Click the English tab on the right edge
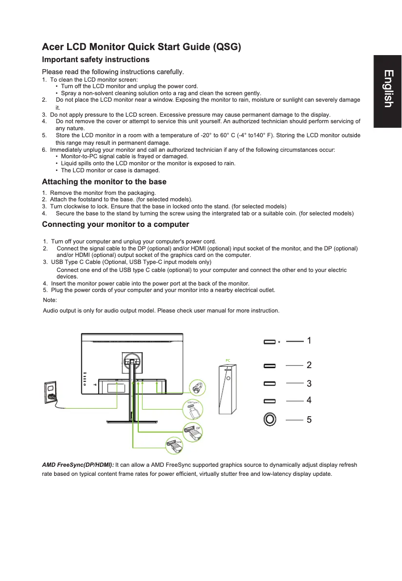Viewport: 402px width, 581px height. pos(387,89)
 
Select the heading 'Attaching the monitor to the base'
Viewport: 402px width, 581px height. pos(104,181)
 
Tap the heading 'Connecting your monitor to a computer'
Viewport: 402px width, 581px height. pos(115,224)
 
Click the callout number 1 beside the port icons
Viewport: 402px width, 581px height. pos(309,341)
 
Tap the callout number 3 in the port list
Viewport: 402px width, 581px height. pos(309,384)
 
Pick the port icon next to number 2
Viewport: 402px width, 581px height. pos(269,366)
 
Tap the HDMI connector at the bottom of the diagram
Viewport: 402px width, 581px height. pos(175,444)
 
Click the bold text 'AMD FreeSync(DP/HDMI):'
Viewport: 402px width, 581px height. pos(78,465)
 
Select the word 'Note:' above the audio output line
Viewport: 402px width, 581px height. pos(50,300)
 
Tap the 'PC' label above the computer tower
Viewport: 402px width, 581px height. pos(228,360)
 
